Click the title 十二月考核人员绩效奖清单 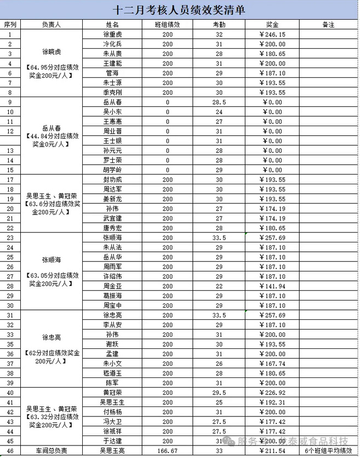[x=179, y=10]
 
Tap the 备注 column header [x=328, y=25]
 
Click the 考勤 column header [x=219, y=25]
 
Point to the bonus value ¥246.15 [x=272, y=33]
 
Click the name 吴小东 [x=112, y=112]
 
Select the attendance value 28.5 [x=219, y=102]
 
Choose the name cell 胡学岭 [x=112, y=170]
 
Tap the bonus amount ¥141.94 [x=272, y=286]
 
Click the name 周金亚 [x=112, y=286]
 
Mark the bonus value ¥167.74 [x=272, y=363]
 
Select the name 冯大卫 [x=112, y=422]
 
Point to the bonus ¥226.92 [x=272, y=393]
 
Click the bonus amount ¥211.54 [x=272, y=451]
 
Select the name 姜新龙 [x=112, y=199]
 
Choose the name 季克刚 [x=112, y=92]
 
